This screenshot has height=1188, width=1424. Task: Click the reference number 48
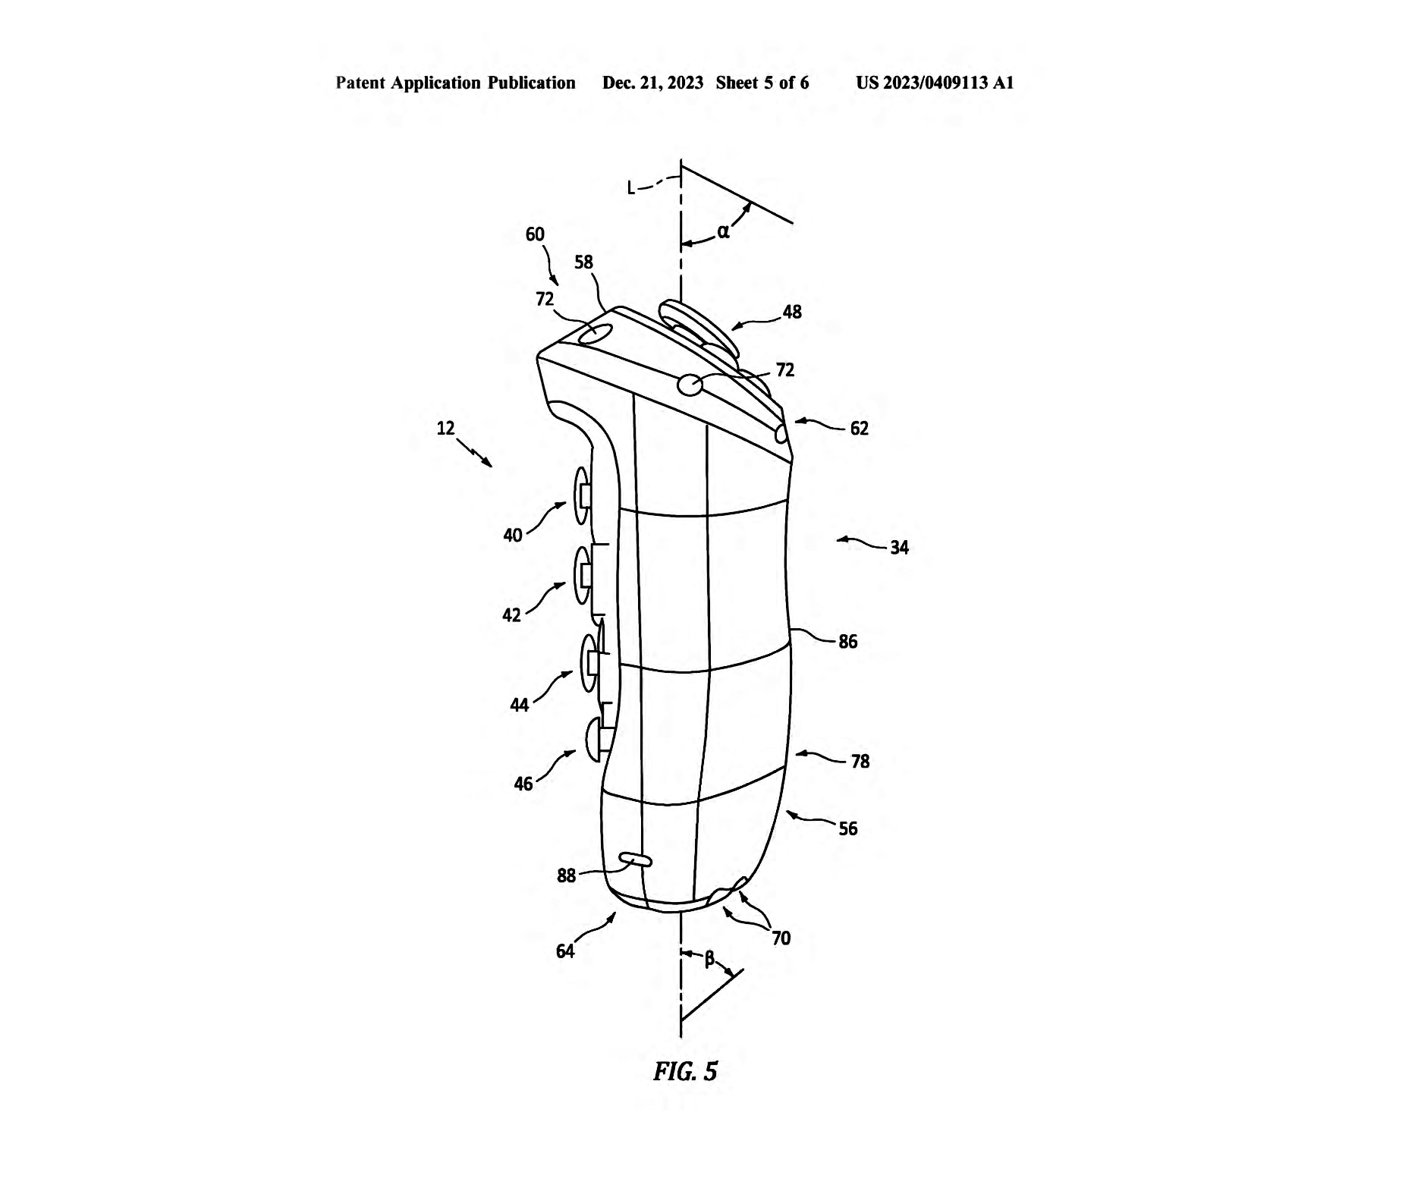[x=791, y=312]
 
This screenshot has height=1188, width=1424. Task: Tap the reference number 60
[x=535, y=234]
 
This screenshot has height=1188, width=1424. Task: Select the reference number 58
[x=583, y=262]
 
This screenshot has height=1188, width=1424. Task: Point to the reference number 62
[x=859, y=429]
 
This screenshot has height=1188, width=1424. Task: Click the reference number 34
[x=899, y=548]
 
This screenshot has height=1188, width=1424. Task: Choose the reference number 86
[x=847, y=642]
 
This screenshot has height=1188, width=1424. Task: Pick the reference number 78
[x=860, y=762]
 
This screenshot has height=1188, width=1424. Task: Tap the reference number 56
[x=847, y=828]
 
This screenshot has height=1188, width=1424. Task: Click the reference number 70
[x=781, y=938]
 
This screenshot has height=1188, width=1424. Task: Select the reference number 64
[x=565, y=951]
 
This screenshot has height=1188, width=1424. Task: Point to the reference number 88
[x=566, y=875]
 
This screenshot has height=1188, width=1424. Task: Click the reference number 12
[x=445, y=428]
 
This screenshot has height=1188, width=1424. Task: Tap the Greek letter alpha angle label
[x=723, y=232]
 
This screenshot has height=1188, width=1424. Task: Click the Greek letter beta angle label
[x=709, y=960]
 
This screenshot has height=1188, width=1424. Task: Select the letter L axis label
[x=631, y=187]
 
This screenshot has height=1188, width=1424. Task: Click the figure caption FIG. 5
[x=685, y=1071]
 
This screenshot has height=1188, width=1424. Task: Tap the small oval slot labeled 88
[x=635, y=860]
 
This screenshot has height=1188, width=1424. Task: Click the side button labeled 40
[x=581, y=495]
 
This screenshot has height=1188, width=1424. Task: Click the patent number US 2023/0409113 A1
[x=935, y=83]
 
